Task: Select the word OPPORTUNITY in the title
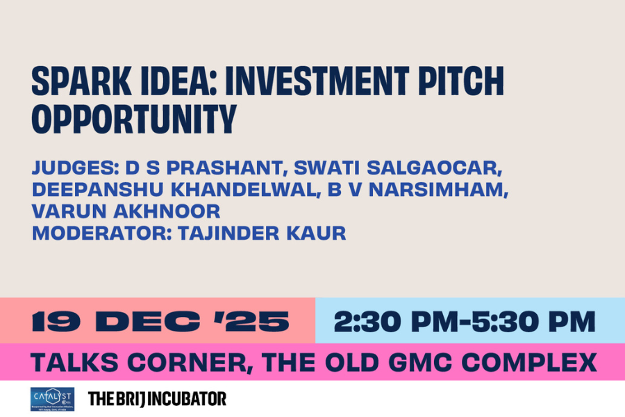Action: [x=134, y=120]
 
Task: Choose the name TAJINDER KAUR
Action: [x=262, y=233]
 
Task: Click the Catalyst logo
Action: [x=52, y=399]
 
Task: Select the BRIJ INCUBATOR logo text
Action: [x=157, y=399]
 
